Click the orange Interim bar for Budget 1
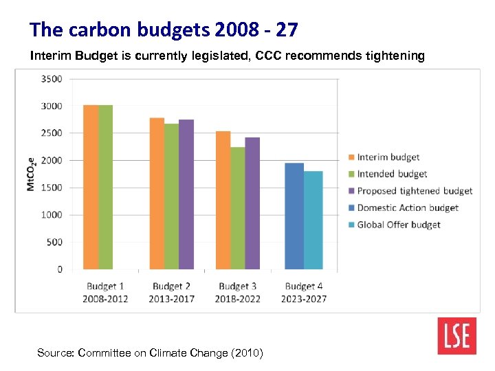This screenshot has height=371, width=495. (90, 187)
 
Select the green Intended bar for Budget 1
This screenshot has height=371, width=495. (105, 187)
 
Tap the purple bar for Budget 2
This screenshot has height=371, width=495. (186, 194)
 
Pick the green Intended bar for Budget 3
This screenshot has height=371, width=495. (238, 208)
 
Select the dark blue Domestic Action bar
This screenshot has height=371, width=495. (294, 216)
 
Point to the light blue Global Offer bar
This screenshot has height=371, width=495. (313, 220)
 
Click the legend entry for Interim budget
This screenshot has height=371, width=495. (388, 157)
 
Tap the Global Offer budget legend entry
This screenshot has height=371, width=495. (398, 225)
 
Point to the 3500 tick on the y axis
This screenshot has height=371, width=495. (51, 79)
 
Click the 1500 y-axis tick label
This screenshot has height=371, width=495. (51, 188)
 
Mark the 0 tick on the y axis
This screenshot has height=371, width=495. (59, 269)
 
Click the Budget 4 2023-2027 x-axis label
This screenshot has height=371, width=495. (304, 293)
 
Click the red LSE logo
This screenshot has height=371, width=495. (456, 336)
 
